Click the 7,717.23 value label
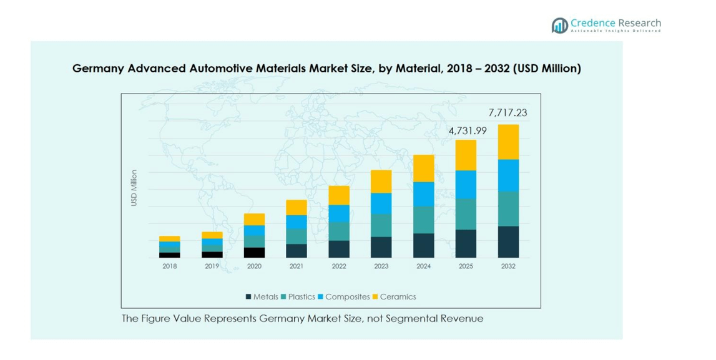508,113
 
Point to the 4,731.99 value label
465,131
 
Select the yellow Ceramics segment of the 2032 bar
508,142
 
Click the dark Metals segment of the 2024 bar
423,245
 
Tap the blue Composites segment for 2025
466,184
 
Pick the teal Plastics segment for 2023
381,225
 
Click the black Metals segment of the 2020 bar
254,252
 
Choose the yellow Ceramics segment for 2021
297,207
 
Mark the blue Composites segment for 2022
339,213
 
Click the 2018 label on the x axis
170,266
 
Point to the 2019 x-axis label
212,266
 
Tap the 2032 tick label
508,266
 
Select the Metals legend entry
262,297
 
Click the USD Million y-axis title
134,188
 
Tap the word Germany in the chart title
98,69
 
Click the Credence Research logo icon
559,25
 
